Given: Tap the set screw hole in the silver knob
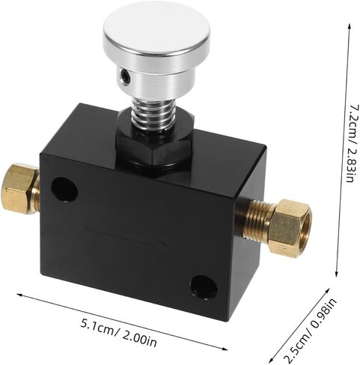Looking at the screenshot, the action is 124,75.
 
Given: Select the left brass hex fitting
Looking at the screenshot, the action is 21,188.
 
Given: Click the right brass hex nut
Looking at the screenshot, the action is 291,224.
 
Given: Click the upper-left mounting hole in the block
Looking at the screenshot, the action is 64,189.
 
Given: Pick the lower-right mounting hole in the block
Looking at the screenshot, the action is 204,288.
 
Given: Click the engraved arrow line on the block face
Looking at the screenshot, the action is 129,236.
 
